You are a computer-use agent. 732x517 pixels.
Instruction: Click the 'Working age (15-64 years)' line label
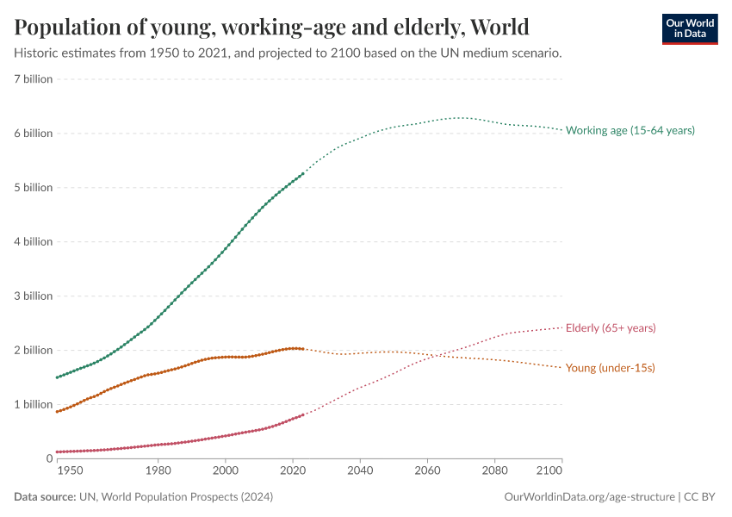pyautogui.click(x=630, y=130)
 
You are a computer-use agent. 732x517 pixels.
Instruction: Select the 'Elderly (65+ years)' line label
pyautogui.click(x=611, y=328)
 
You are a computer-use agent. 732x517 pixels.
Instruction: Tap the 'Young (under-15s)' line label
pyautogui.click(x=610, y=368)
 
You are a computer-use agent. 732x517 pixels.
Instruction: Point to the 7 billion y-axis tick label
pyautogui.click(x=34, y=79)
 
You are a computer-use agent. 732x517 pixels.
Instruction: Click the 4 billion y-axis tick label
pyautogui.click(x=34, y=242)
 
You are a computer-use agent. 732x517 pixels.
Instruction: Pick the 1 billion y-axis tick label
pyautogui.click(x=34, y=404)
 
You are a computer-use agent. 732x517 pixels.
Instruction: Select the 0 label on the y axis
pyautogui.click(x=49, y=458)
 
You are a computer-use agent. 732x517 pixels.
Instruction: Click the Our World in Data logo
pyautogui.click(x=689, y=28)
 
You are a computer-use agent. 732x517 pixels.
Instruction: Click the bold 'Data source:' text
pyautogui.click(x=44, y=497)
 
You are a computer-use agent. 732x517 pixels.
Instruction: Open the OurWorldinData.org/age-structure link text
pyautogui.click(x=589, y=497)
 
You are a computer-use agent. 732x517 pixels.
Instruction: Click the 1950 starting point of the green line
pyautogui.click(x=57, y=377)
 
